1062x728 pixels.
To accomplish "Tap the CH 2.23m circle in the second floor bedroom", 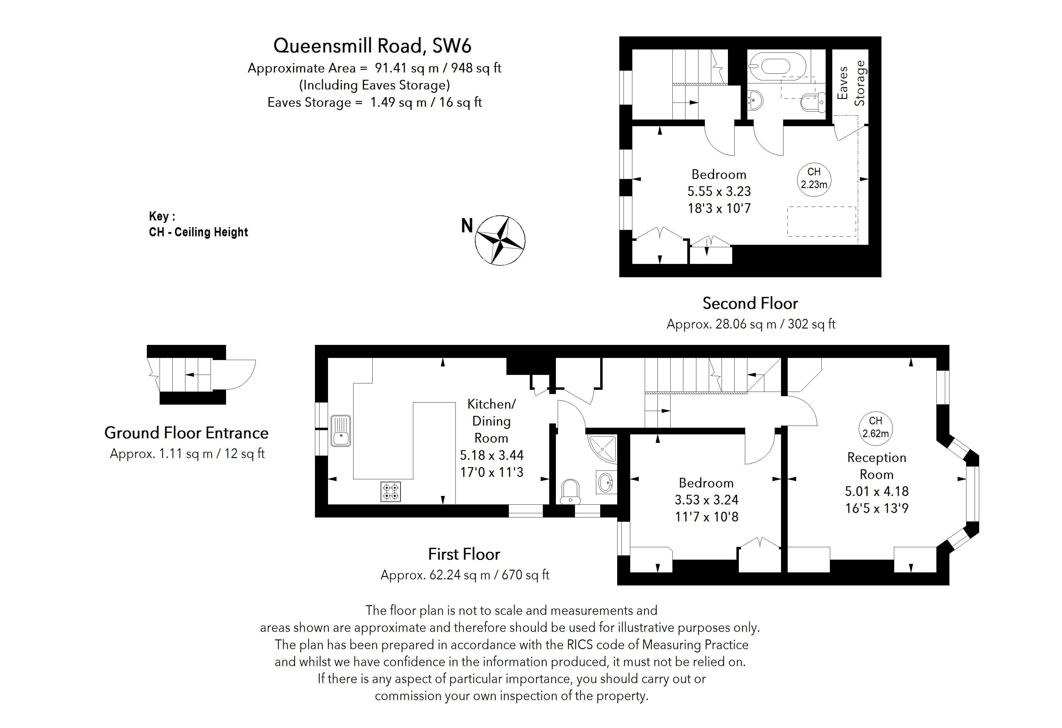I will (x=813, y=179).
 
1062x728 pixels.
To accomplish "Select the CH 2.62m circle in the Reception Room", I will (x=875, y=427).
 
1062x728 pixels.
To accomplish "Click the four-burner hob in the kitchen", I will (x=391, y=492).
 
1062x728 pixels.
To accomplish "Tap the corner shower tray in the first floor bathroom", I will (x=602, y=449).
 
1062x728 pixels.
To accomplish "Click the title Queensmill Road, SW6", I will (x=372, y=46).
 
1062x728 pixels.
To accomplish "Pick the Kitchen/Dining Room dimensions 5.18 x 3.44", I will (x=492, y=455).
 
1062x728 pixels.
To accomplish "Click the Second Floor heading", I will (x=750, y=303).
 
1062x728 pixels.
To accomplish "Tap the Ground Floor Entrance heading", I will (x=186, y=433).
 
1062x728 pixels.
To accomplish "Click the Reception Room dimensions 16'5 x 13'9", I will (x=877, y=508).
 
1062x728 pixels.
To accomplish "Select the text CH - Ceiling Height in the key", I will (x=198, y=232).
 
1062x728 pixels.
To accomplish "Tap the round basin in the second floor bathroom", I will (x=755, y=100).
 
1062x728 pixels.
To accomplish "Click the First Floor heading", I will (x=464, y=554).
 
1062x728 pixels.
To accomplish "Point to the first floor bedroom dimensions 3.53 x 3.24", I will (x=706, y=500).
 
